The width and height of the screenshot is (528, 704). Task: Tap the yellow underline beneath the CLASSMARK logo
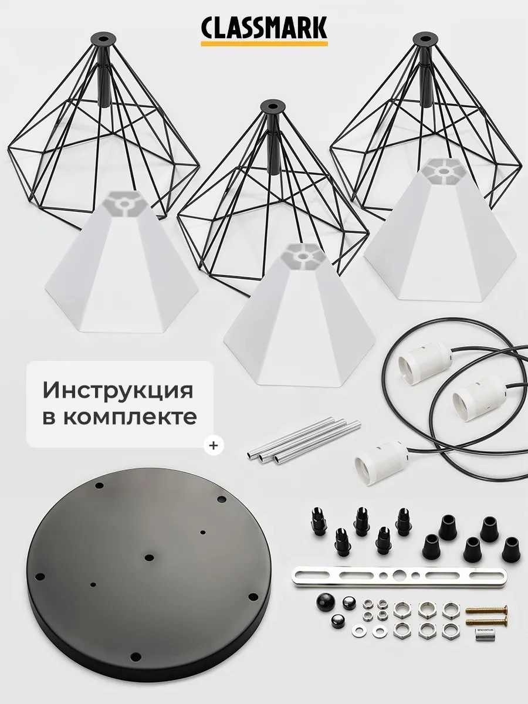(264, 43)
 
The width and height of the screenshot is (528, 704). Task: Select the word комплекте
(130, 417)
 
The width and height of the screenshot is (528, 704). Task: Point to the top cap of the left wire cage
(103, 38)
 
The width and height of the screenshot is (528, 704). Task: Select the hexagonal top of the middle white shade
(302, 255)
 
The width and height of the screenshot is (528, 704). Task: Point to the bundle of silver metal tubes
(304, 441)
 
